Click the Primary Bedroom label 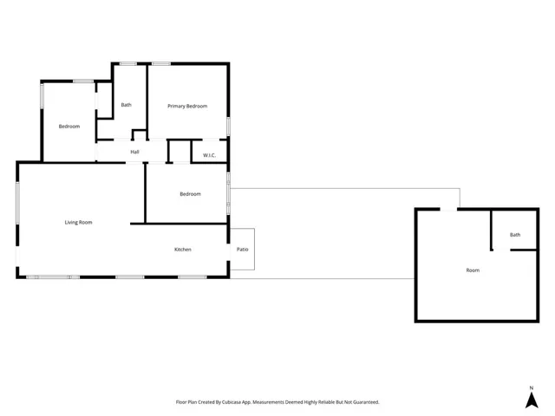coord(187,106)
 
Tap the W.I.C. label coord(209,155)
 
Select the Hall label coord(134,153)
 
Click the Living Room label coord(78,223)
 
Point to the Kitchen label coord(182,250)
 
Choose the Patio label coord(243,250)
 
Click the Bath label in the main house coord(127,106)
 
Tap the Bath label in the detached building coord(515,235)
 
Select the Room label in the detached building coord(473,270)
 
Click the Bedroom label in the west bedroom coord(69,127)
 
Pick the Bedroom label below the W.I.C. coord(190,194)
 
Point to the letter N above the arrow coord(531,387)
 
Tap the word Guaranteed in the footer coord(365,402)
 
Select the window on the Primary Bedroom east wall coord(229,125)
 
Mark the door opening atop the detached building coord(449,209)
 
